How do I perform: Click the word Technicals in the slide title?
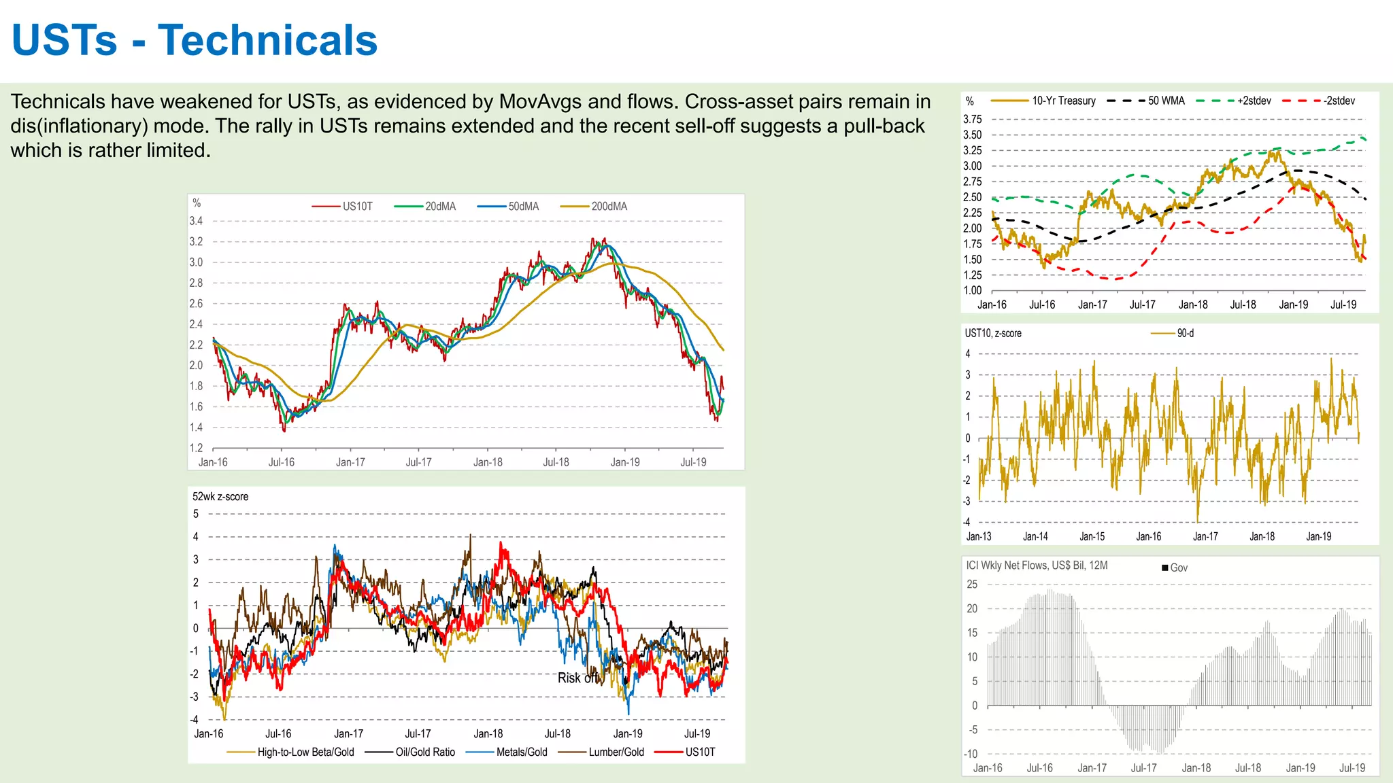pyautogui.click(x=267, y=41)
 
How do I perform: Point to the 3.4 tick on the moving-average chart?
pyautogui.click(x=196, y=221)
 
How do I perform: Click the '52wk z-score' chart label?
pyautogui.click(x=220, y=497)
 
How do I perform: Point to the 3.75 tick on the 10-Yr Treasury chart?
pyautogui.click(x=972, y=120)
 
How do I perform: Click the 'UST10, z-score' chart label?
pyautogui.click(x=992, y=333)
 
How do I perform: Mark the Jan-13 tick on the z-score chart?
pyautogui.click(x=979, y=536)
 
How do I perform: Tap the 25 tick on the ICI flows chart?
pyautogui.click(x=972, y=585)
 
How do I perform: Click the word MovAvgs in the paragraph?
pyautogui.click(x=540, y=102)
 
